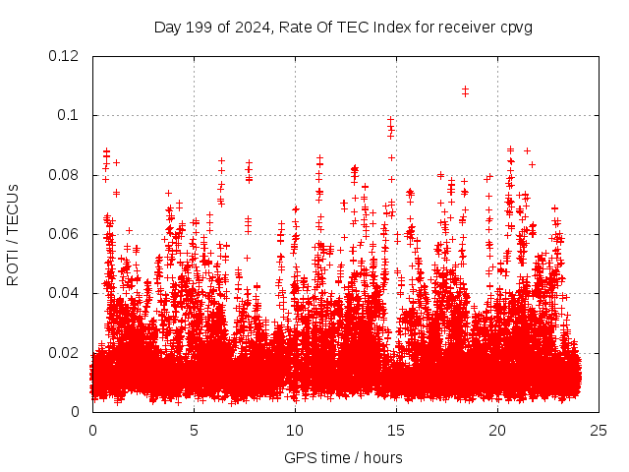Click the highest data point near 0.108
click(x=465, y=89)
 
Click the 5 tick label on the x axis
click(x=194, y=430)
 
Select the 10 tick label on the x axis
click(x=295, y=430)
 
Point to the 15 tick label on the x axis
click(x=396, y=430)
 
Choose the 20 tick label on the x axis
click(x=497, y=430)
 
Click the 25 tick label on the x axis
click(x=599, y=430)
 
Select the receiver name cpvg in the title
click(x=515, y=27)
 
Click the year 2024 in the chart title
click(x=252, y=27)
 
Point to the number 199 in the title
click(x=200, y=27)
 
